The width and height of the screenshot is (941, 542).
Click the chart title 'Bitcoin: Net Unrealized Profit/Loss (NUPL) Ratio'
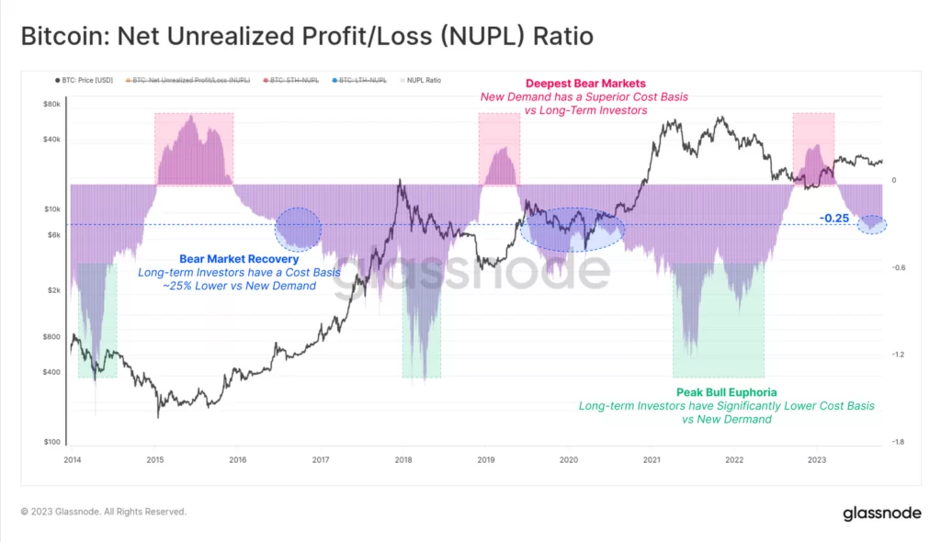tap(307, 37)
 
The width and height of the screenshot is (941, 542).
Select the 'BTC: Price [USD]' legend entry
tap(85, 81)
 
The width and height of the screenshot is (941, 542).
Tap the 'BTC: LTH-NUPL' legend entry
tap(361, 81)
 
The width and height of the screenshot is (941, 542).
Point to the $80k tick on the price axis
tap(52, 105)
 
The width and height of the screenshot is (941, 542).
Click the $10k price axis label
tap(52, 209)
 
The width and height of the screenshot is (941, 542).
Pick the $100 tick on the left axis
tap(52, 442)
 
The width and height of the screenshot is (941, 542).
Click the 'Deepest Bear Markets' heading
tap(585, 84)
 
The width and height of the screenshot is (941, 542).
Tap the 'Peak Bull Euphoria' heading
tap(726, 392)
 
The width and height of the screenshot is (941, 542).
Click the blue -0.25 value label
tap(834, 218)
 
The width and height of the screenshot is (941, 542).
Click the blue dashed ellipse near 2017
tap(298, 229)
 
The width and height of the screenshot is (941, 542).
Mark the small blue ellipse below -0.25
tap(871, 224)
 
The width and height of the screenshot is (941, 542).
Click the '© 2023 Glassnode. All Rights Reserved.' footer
tap(104, 512)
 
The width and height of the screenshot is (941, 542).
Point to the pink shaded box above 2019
tap(499, 147)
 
